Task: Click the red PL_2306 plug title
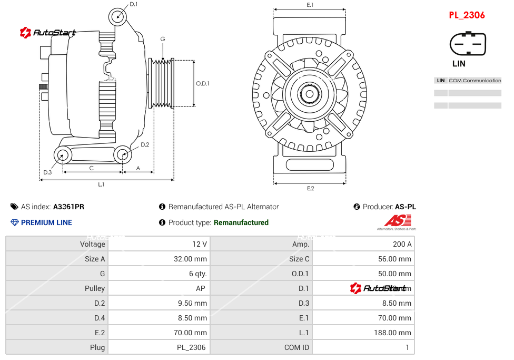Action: click(x=467, y=15)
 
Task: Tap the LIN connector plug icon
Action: click(x=467, y=44)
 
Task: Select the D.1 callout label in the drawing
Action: click(x=133, y=4)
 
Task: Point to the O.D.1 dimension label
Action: click(x=203, y=83)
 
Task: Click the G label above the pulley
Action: click(x=163, y=40)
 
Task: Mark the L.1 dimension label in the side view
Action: click(x=101, y=184)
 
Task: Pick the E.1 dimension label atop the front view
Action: click(x=310, y=5)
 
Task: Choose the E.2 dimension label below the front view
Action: click(x=310, y=189)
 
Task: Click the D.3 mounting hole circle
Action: click(x=63, y=155)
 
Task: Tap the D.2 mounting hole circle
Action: click(x=123, y=155)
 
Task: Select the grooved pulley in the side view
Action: click(x=162, y=83)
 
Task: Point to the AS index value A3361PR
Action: click(x=68, y=207)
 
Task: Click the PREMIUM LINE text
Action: click(x=46, y=222)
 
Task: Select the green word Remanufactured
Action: click(x=241, y=222)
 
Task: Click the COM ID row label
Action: click(x=296, y=347)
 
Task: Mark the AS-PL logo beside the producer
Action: click(x=397, y=222)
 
